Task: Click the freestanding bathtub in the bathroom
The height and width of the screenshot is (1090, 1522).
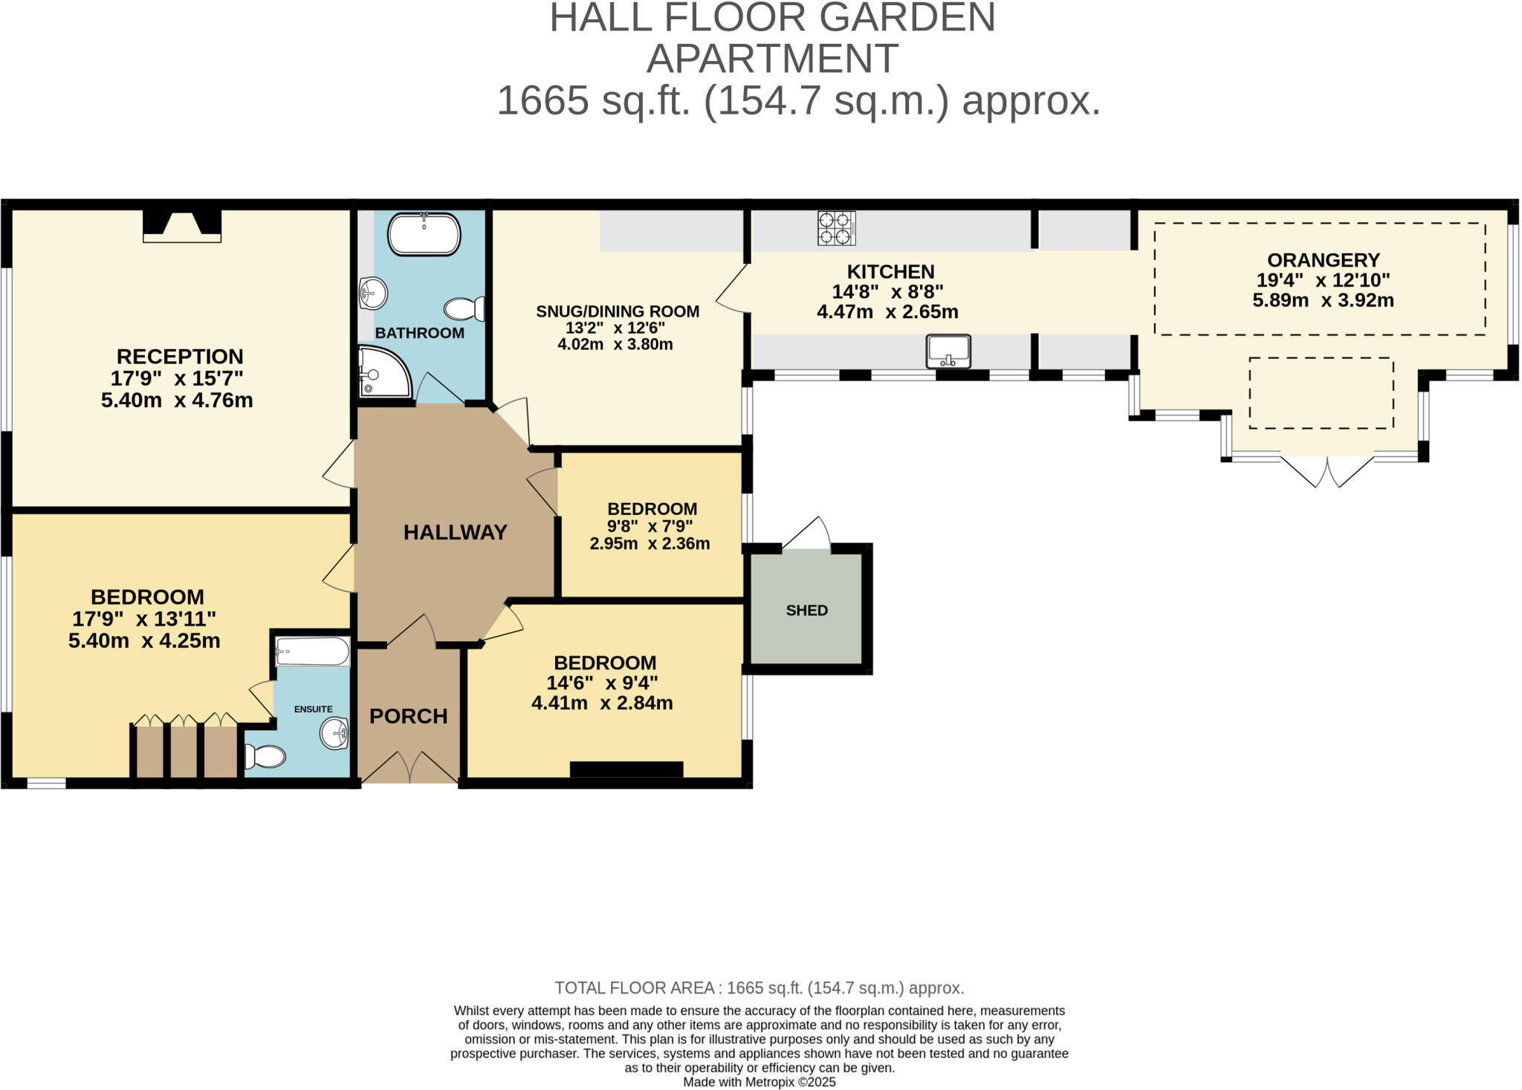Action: (x=424, y=234)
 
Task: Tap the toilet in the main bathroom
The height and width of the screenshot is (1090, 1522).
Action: (x=465, y=308)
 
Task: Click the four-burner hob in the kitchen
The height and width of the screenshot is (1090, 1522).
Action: (x=836, y=228)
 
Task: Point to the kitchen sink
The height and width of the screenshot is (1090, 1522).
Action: (x=948, y=351)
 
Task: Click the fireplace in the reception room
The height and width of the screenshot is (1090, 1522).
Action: (x=182, y=225)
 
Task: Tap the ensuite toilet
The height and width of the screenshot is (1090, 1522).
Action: (x=265, y=757)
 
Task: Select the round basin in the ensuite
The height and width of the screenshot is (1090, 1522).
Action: (x=334, y=733)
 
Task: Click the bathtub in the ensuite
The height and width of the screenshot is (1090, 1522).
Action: (x=312, y=652)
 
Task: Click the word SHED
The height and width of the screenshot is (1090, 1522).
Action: (x=806, y=610)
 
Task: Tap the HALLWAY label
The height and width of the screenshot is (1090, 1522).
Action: (x=455, y=532)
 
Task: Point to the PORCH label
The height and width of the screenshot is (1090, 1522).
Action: (x=409, y=716)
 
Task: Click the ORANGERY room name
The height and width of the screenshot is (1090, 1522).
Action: (x=1323, y=260)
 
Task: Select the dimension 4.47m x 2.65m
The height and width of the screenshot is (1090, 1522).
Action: (x=887, y=312)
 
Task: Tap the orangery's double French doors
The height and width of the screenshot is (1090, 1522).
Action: (x=1327, y=471)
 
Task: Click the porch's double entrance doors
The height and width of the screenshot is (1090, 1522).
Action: (x=409, y=767)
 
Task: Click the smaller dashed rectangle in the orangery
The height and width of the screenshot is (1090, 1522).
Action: (x=1321, y=393)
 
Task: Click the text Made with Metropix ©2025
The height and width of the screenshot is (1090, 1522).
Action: (x=759, y=1082)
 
